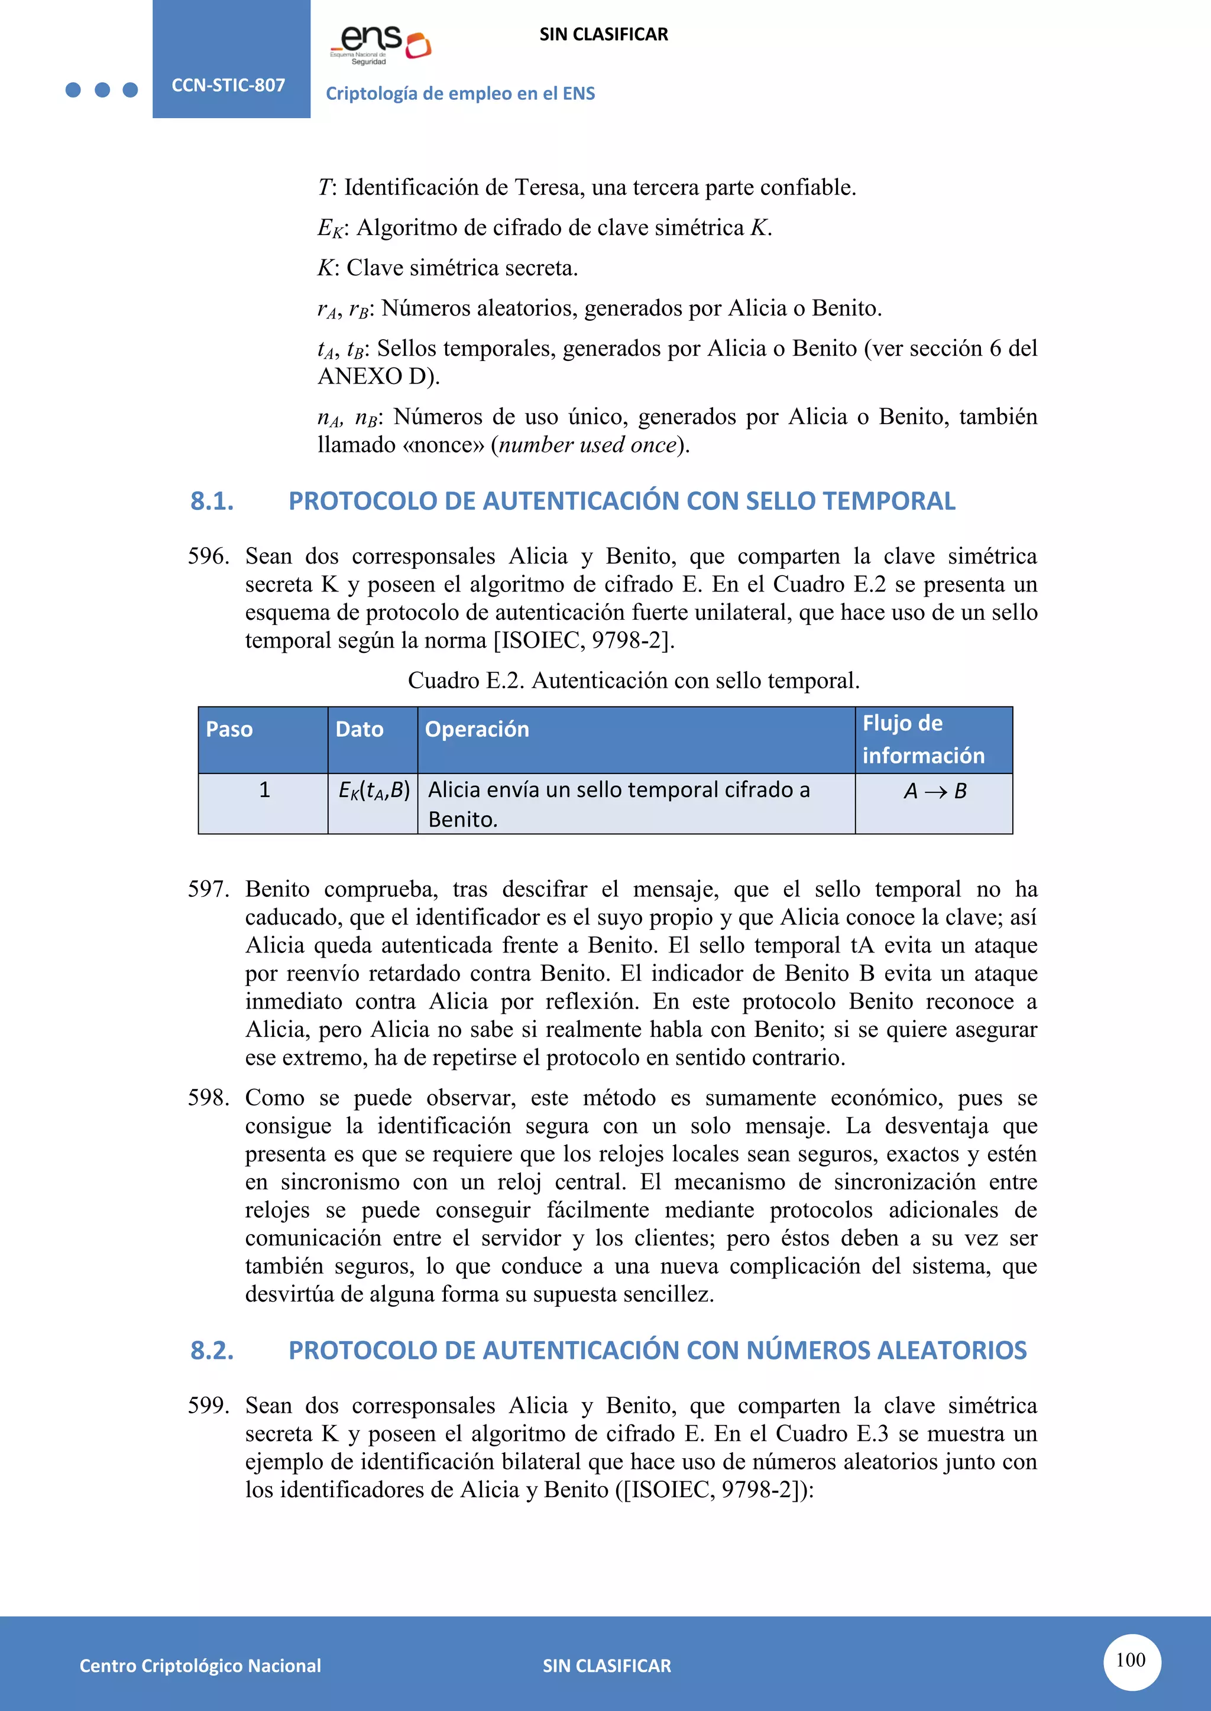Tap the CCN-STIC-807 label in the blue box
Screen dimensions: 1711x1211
point(228,85)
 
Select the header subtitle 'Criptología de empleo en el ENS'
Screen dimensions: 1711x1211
point(460,93)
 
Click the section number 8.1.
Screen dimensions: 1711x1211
point(212,501)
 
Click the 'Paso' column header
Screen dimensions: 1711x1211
point(229,729)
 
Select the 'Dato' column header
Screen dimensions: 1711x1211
point(360,729)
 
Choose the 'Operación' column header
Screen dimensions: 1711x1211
point(477,729)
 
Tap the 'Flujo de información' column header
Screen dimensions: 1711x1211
point(923,739)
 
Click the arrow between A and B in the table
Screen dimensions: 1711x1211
point(935,792)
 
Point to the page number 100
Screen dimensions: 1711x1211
point(1131,1660)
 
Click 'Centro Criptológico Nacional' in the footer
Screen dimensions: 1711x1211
point(200,1666)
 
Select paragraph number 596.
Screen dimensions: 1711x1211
point(208,556)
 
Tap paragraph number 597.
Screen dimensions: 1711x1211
point(208,889)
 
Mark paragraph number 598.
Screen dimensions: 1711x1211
point(208,1098)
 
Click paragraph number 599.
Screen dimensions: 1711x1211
point(208,1406)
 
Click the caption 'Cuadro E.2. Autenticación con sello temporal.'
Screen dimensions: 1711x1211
point(633,681)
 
